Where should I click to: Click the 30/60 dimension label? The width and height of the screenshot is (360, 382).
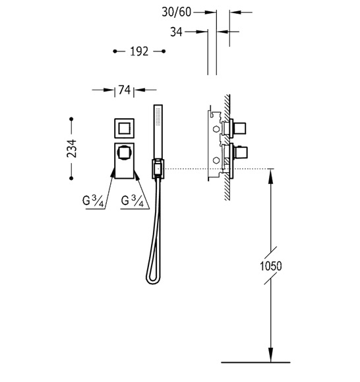coord(177,12)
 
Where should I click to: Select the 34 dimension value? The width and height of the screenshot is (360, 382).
coord(176,32)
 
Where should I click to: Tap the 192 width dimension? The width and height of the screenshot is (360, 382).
coord(139,51)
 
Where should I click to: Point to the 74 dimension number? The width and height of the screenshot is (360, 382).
coord(125,90)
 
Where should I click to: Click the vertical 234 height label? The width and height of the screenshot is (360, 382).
coord(72,148)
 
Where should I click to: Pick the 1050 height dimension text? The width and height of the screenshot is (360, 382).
coord(271,266)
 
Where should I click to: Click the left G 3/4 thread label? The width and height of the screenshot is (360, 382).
coord(93,201)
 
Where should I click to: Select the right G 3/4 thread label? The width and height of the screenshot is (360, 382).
coord(133,201)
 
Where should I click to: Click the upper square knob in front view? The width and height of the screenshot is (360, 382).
coord(124,128)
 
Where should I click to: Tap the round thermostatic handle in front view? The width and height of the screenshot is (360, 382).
coord(125,153)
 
